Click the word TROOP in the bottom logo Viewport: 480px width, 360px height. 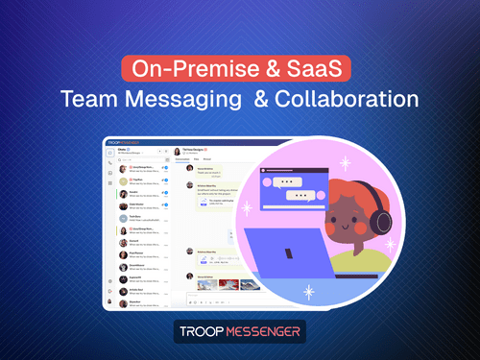[x=206, y=331]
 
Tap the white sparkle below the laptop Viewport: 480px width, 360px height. [x=310, y=291]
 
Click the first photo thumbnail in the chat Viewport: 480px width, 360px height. [x=205, y=283]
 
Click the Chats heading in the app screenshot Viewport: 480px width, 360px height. [x=125, y=148]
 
